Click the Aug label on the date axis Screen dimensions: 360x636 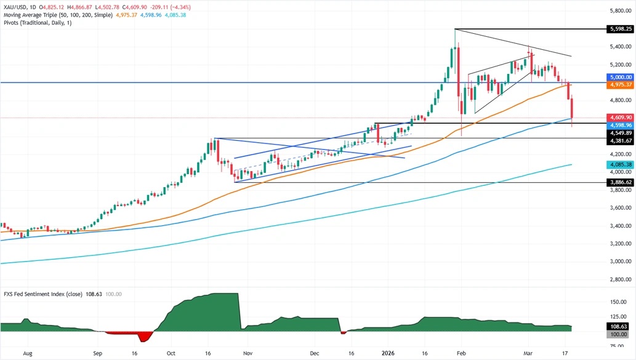[x=27, y=354]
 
